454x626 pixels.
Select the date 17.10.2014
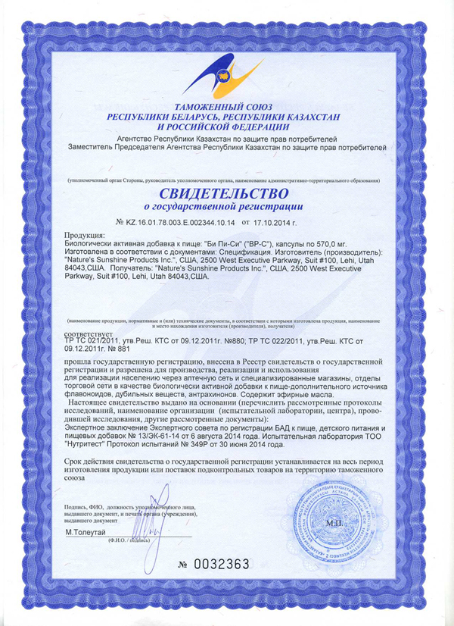coord(284,222)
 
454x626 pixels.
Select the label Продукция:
coord(85,236)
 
